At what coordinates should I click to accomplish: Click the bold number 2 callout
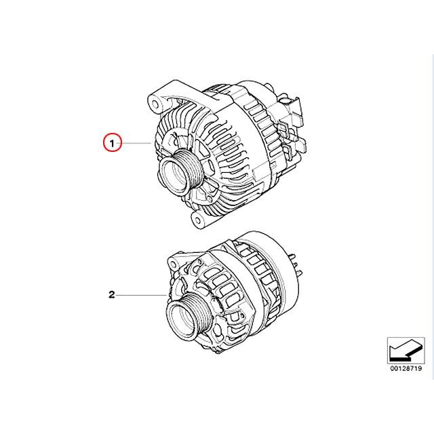111,295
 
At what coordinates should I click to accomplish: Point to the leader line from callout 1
136,144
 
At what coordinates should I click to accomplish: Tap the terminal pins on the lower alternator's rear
294,258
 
